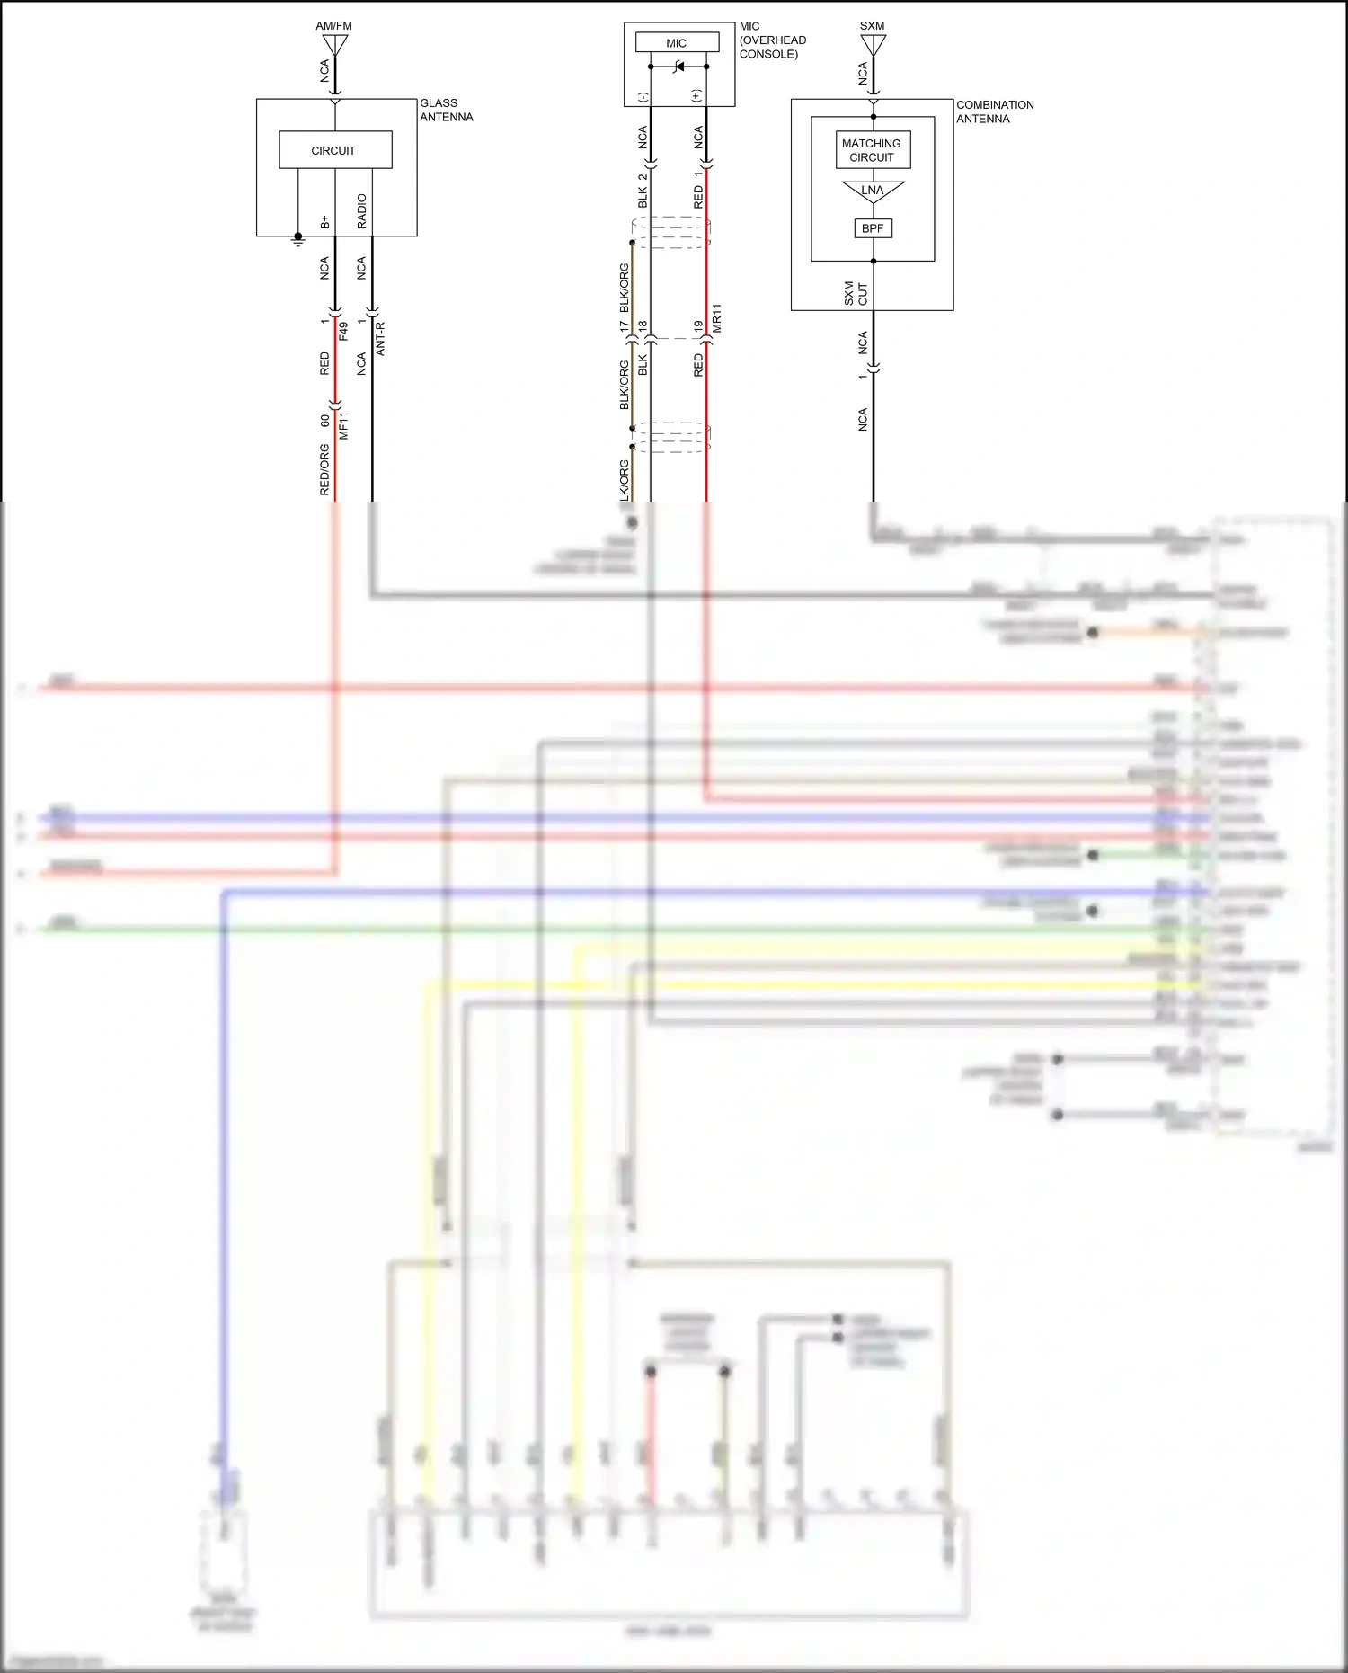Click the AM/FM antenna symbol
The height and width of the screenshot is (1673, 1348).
click(334, 45)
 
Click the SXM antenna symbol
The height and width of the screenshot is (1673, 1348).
click(873, 45)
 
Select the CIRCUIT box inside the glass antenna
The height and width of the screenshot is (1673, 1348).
click(335, 150)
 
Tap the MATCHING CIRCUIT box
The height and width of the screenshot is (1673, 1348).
click(872, 150)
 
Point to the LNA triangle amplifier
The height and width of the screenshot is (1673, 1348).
click(873, 191)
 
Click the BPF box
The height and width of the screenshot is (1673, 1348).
click(873, 228)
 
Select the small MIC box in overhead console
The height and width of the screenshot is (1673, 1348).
click(677, 42)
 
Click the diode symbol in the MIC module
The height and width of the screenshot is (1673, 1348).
click(679, 67)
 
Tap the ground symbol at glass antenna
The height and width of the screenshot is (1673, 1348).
click(298, 240)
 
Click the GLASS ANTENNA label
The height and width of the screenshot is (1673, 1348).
click(446, 110)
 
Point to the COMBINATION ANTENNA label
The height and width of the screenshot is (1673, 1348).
click(994, 111)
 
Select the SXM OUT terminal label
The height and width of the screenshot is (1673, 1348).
click(856, 293)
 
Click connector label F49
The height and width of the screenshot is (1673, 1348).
click(343, 331)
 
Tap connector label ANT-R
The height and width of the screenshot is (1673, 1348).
click(380, 339)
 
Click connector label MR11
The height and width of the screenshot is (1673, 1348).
click(717, 319)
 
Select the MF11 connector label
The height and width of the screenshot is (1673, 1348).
click(343, 424)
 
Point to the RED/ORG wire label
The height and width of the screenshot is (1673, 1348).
click(324, 469)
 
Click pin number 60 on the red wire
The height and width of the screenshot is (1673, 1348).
click(324, 420)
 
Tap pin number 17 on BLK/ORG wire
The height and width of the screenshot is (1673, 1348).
click(624, 327)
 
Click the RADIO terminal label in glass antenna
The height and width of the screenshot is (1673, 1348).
click(361, 210)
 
